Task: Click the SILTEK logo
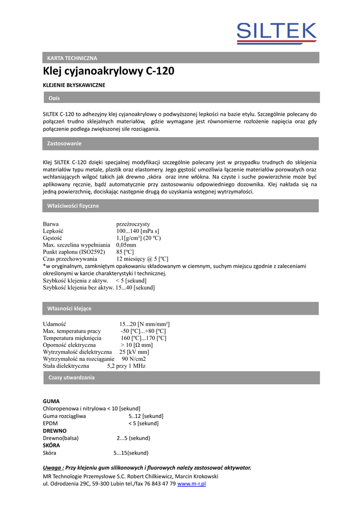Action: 276,34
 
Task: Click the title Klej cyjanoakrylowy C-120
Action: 108,71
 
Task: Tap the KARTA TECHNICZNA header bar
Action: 181,58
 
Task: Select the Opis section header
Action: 181,97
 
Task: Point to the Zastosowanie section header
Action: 181,144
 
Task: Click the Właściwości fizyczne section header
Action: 181,206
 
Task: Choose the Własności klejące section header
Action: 181,309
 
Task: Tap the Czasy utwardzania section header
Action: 181,378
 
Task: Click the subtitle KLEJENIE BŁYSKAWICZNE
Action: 74,85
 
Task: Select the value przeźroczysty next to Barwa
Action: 133,224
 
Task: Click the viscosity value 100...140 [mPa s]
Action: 138,231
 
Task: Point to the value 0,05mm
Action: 126,245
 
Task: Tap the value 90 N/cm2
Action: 134,359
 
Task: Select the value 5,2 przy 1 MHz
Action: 126,366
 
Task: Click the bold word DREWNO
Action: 55,430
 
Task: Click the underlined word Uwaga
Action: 53,468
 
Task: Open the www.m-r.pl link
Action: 191,484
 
